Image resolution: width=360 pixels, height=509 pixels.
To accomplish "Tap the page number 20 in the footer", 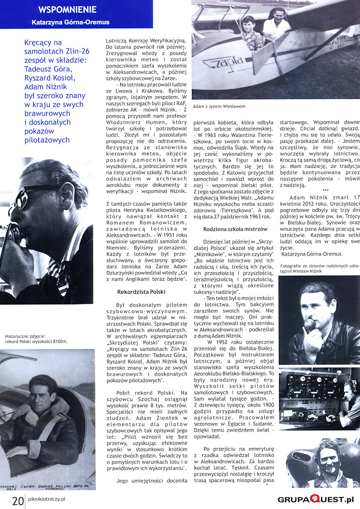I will pyautogui.click(x=17, y=500).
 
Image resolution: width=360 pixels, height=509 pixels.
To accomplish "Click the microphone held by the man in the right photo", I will pyautogui.click(x=309, y=325).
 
